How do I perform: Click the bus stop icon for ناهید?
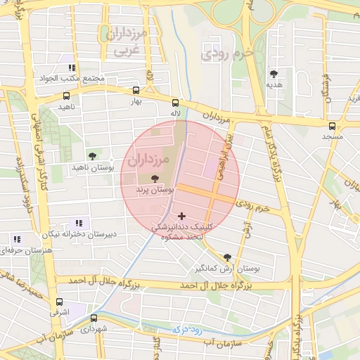tap(66, 96)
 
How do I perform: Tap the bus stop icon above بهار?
tap(136, 90)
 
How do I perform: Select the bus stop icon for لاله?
tap(175, 102)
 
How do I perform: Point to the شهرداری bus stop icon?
tap(94, 318)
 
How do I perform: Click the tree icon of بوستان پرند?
tap(155, 179)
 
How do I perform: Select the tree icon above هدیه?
tap(274, 73)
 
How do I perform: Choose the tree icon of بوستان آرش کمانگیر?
tap(226, 257)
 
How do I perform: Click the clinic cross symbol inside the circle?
tap(182, 216)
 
